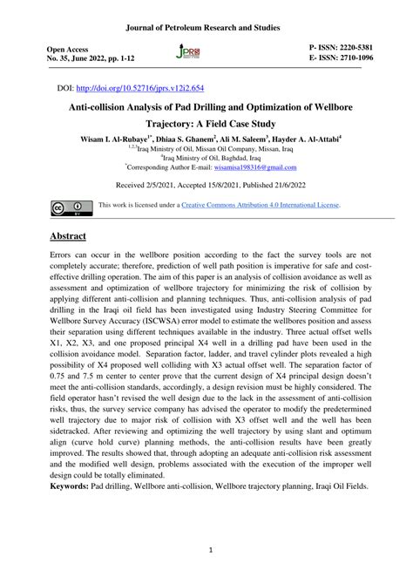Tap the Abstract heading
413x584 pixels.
pos(74,238)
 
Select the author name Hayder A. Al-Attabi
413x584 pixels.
pos(311,139)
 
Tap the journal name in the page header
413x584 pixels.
pos(206,14)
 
